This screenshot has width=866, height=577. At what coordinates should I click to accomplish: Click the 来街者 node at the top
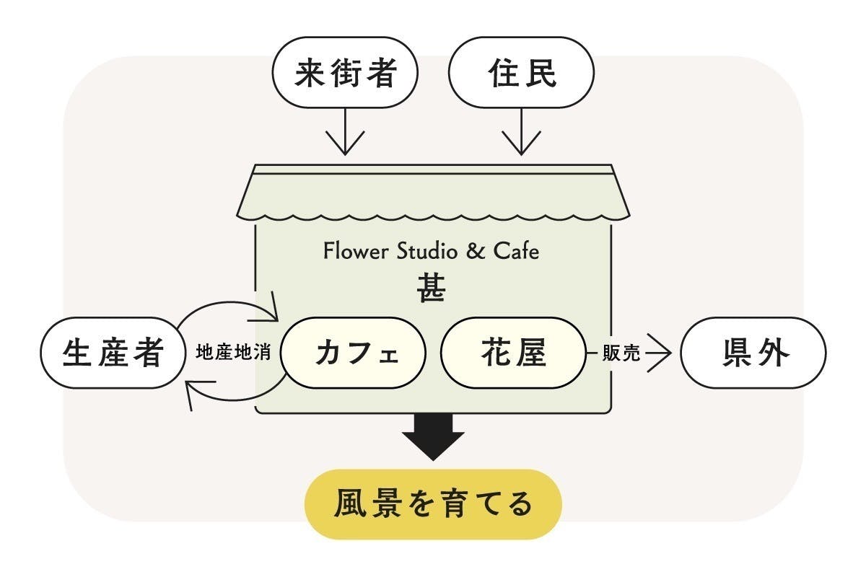(x=345, y=74)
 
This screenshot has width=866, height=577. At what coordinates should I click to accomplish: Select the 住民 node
(x=521, y=74)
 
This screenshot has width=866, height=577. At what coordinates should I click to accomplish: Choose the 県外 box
(x=752, y=353)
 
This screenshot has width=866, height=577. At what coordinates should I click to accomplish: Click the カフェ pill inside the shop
(x=354, y=353)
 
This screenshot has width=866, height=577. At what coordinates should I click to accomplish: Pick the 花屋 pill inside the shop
(x=513, y=353)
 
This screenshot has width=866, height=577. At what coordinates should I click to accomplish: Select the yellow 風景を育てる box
(x=433, y=504)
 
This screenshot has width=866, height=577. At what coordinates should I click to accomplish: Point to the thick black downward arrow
(x=433, y=436)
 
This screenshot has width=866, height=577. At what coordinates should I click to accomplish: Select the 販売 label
(x=621, y=354)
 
